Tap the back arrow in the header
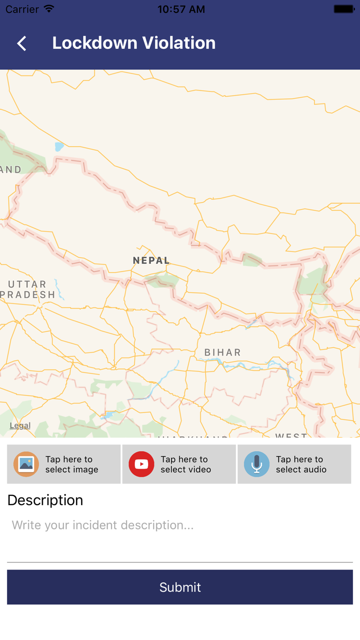click(x=22, y=43)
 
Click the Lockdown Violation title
click(x=134, y=43)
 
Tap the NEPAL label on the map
click(x=151, y=260)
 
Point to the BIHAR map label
click(x=223, y=352)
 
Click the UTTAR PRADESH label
click(x=28, y=289)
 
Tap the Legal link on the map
click(x=20, y=425)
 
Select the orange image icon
click(x=26, y=464)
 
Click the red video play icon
click(x=141, y=464)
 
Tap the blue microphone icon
click(x=257, y=464)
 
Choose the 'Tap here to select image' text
click(x=71, y=464)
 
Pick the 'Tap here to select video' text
click(x=186, y=464)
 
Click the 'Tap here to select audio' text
click(x=301, y=464)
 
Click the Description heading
click(x=45, y=500)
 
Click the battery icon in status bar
click(x=344, y=9)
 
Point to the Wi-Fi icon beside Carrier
click(x=49, y=9)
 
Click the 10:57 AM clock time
click(x=181, y=9)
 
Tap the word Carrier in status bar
click(x=22, y=9)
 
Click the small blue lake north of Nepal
click(x=60, y=147)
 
